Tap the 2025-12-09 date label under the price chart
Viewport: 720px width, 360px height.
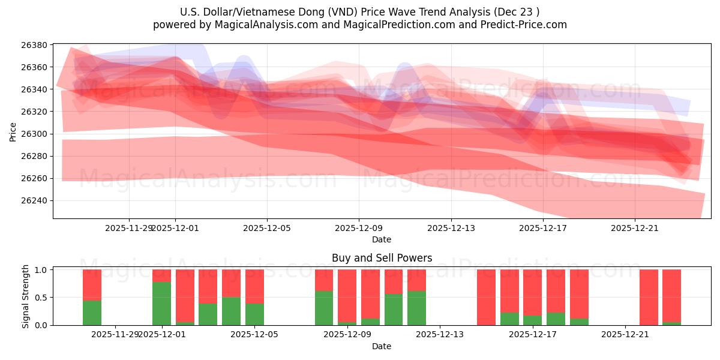pos(359,228)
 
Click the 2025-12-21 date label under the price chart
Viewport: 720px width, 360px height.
pos(635,228)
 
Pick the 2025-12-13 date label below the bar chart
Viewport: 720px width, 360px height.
pos(439,334)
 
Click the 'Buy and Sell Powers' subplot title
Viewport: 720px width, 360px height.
pos(382,259)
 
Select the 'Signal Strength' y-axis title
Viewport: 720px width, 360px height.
pos(25,296)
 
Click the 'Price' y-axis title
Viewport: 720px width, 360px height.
pos(13,131)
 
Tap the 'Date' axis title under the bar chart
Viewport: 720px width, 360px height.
pos(382,346)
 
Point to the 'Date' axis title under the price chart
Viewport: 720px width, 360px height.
pos(382,239)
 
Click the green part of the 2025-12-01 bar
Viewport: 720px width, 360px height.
pos(161,304)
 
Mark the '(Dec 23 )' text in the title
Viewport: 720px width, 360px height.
pos(516,12)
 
